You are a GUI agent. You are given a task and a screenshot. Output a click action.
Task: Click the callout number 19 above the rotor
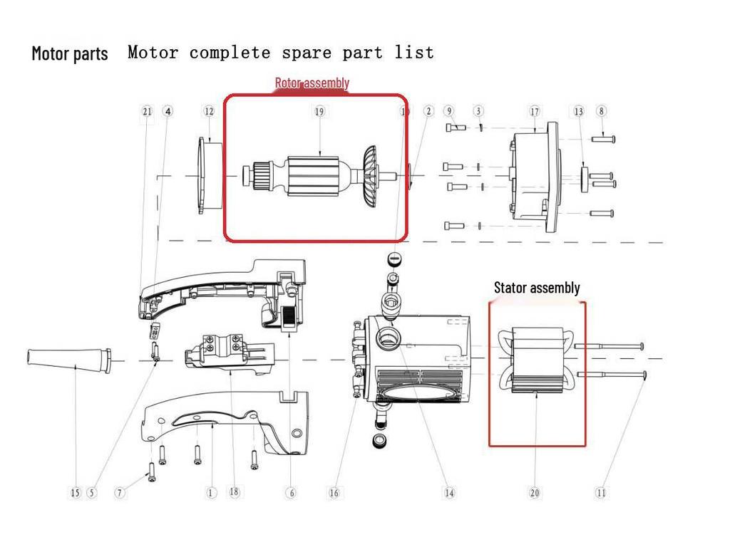[x=319, y=111]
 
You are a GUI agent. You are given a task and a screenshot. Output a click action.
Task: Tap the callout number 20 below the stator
[x=535, y=492]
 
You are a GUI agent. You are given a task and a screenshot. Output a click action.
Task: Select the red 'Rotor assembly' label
[x=312, y=83]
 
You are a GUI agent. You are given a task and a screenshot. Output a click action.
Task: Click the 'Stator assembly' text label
[x=537, y=288]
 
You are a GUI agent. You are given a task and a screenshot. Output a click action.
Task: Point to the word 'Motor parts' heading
[x=70, y=53]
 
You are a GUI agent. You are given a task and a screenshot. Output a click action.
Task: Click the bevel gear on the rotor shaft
[x=369, y=177]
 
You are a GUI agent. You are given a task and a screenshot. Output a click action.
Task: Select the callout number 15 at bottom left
[x=76, y=492]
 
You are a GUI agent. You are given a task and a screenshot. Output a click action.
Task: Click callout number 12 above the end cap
[x=209, y=111]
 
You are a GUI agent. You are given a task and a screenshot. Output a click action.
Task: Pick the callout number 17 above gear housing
[x=535, y=111]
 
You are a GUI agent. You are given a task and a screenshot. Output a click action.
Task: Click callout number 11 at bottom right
[x=601, y=492]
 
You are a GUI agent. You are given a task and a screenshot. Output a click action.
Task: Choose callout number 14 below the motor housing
[x=449, y=492]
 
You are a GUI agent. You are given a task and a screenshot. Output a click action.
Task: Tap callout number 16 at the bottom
[x=334, y=492]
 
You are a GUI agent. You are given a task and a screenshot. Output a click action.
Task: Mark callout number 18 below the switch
[x=234, y=491]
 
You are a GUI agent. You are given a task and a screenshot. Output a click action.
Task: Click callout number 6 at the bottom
[x=291, y=492]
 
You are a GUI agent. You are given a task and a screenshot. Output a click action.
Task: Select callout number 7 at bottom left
[x=120, y=492]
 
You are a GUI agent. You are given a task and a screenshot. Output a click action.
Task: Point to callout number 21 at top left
[x=147, y=111]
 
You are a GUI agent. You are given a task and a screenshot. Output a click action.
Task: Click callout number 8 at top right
[x=602, y=111]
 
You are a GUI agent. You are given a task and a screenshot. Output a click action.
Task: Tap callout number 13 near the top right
[x=578, y=111]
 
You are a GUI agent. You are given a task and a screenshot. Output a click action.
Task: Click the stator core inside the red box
[x=536, y=360]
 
